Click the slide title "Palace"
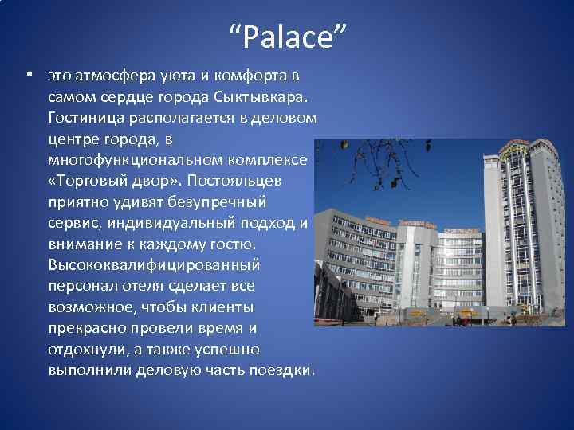click(287, 37)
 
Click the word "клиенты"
click(227, 306)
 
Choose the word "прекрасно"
click(85, 327)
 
